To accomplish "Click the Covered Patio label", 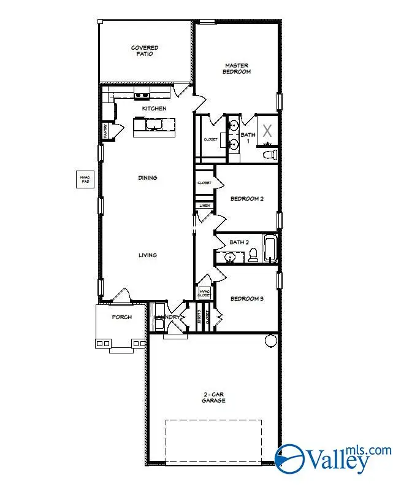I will [x=144, y=50].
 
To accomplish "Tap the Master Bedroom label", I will [x=238, y=68].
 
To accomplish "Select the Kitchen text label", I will [x=154, y=109].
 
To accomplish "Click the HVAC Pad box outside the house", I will [x=85, y=179].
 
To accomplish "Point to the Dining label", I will [x=147, y=178].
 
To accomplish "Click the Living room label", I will [x=147, y=255].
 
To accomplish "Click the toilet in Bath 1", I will [x=269, y=153].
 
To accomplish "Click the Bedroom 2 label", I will [x=246, y=199].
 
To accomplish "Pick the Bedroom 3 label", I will [x=246, y=299].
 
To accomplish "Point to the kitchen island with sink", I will [x=154, y=126].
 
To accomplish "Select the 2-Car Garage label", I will [x=214, y=397].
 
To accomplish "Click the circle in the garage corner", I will [x=270, y=341].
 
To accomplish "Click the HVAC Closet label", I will [x=204, y=293].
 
